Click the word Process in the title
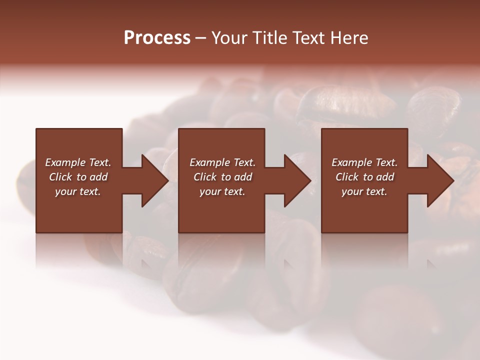click(157, 38)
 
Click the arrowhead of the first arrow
click(154, 180)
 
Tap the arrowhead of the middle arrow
click(297, 180)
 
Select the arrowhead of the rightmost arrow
click(440, 180)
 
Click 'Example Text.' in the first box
click(78, 162)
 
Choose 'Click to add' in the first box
click(78, 177)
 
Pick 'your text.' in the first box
click(78, 191)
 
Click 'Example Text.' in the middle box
click(222, 162)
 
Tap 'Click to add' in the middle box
click(222, 177)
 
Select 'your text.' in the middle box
click(222, 191)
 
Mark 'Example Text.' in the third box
click(364, 162)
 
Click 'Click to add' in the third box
click(364, 177)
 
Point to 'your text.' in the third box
click(364, 191)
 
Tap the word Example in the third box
click(352, 162)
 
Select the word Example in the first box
click(65, 162)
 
